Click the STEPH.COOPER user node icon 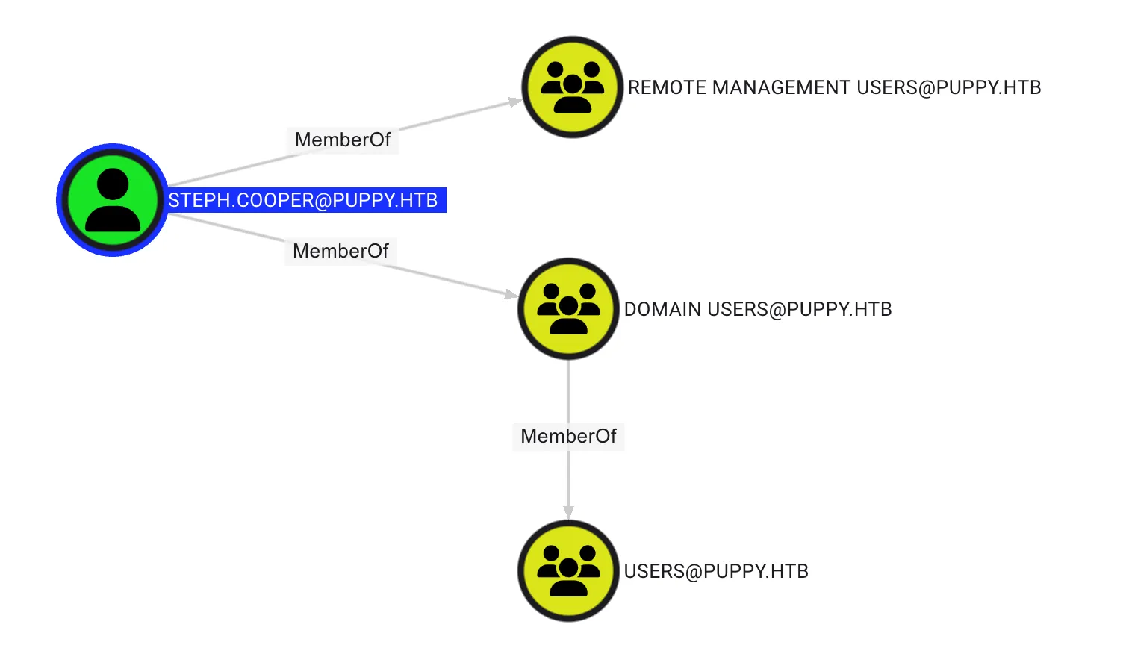pyautogui.click(x=113, y=200)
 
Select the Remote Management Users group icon pyautogui.click(x=573, y=87)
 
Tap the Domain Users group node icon pyautogui.click(x=568, y=309)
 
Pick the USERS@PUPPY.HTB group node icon pyautogui.click(x=568, y=571)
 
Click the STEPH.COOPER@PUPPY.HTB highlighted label pyautogui.click(x=303, y=201)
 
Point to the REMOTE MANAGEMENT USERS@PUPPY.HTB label pyautogui.click(x=834, y=88)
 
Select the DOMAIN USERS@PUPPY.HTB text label pyautogui.click(x=758, y=310)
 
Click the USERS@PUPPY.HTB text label pyautogui.click(x=716, y=572)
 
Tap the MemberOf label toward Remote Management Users pyautogui.click(x=343, y=140)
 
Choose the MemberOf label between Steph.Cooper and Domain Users pyautogui.click(x=340, y=251)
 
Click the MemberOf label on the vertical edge pyautogui.click(x=568, y=436)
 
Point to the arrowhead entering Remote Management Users pyautogui.click(x=516, y=102)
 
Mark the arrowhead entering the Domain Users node pyautogui.click(x=511, y=294)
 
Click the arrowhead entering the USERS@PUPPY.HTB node pyautogui.click(x=568, y=512)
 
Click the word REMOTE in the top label pyautogui.click(x=666, y=88)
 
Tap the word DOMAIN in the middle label pyautogui.click(x=662, y=310)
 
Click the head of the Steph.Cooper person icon pyautogui.click(x=113, y=184)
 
